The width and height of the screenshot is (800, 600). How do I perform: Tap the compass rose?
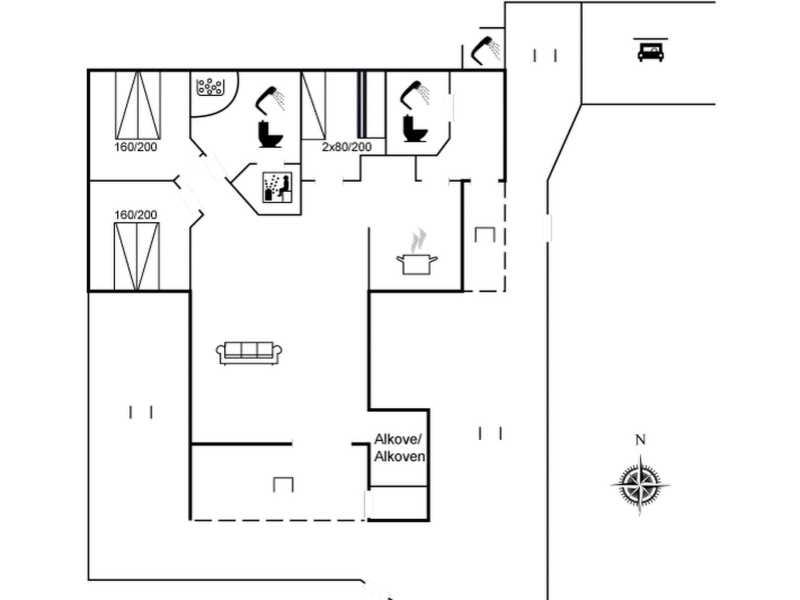640,486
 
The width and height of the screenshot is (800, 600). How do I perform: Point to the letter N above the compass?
640,440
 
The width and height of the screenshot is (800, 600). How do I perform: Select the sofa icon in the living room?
249,353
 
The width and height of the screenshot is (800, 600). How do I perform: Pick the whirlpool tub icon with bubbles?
210,86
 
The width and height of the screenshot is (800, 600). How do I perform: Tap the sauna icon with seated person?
277,187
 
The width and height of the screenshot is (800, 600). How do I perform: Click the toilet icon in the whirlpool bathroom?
270,134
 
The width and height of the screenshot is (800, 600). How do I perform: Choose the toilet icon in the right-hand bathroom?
414,129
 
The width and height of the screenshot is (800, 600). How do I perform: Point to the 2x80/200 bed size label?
346,147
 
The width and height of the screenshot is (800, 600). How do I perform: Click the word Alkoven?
400,456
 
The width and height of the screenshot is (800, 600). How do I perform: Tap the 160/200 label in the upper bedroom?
136,147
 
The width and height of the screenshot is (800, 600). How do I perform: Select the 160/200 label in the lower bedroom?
136,214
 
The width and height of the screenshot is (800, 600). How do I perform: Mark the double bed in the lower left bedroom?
137,256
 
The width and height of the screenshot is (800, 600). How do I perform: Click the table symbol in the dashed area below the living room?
283,484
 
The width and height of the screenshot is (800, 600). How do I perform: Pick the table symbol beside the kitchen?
485,234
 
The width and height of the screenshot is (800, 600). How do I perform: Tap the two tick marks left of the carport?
545,55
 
